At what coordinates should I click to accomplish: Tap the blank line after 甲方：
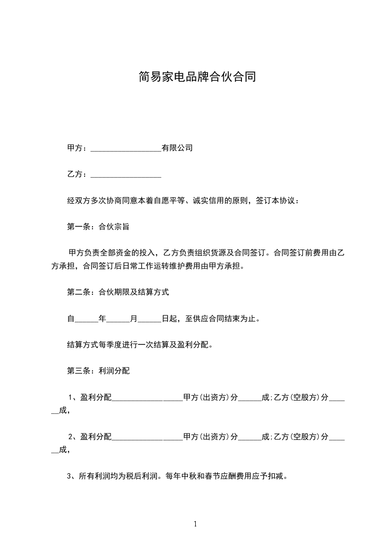pos(126,148)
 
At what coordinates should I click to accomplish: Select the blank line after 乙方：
pos(126,175)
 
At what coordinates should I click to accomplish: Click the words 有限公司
pos(177,148)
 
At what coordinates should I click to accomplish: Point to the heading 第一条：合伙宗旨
pos(98,227)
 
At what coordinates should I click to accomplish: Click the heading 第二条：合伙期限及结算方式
pos(118,292)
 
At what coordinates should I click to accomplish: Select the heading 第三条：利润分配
pos(98,371)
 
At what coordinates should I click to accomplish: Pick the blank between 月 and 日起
pos(150,319)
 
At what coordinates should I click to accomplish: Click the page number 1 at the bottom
pos(195,524)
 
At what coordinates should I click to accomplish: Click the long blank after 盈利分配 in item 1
pos(147,398)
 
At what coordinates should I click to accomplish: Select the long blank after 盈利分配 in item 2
pos(147,437)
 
